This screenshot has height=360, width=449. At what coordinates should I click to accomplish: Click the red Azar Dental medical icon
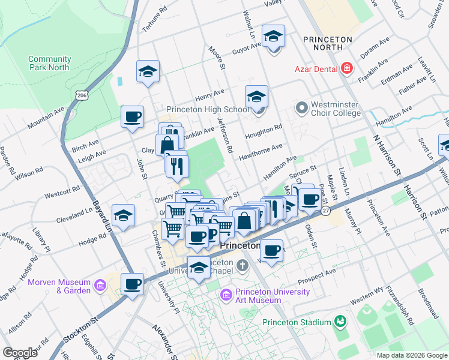(346, 69)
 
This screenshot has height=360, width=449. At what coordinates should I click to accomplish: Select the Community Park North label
(49, 63)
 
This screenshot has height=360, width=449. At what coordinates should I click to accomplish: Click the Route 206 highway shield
(82, 95)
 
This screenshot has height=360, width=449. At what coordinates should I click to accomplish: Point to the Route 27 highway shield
(325, 211)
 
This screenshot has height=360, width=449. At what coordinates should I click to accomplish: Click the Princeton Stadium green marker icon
(340, 322)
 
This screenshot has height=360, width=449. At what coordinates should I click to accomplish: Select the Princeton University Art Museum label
(266, 296)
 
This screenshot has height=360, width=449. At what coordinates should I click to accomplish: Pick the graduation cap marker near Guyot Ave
(274, 38)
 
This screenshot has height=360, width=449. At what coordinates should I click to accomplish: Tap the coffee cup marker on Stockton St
(132, 284)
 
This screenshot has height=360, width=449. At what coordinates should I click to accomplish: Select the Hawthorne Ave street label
(261, 150)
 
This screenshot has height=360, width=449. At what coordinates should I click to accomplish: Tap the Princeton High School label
(207, 109)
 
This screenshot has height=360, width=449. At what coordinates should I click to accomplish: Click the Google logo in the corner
(20, 352)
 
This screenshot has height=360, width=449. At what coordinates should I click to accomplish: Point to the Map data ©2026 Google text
(411, 355)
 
